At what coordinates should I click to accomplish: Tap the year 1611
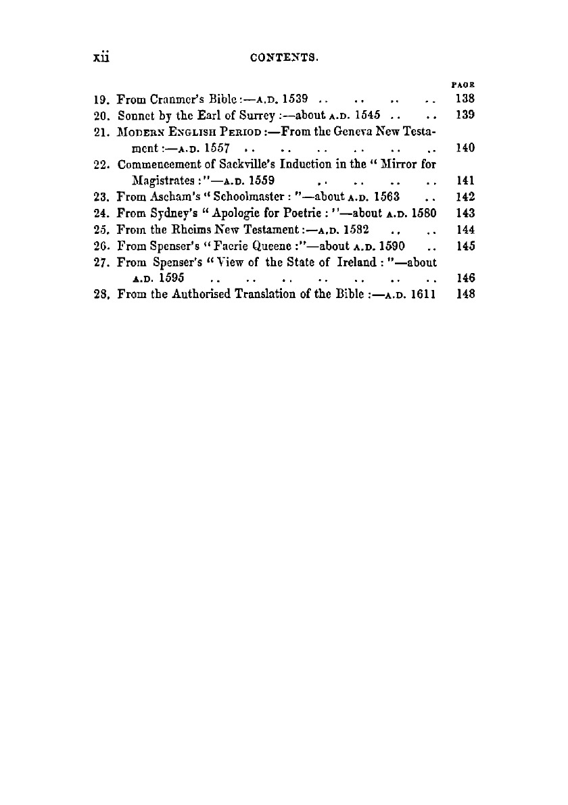pyautogui.click(x=421, y=295)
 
